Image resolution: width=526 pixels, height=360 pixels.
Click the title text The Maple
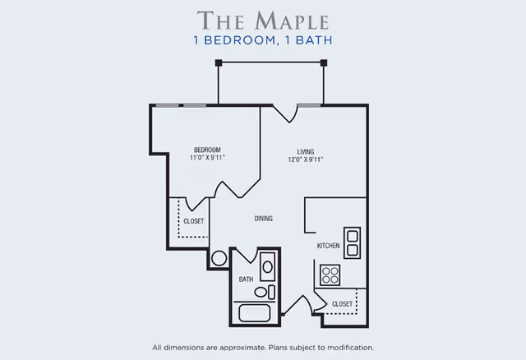[x=263, y=19]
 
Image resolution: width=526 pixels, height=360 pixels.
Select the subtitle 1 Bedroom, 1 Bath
[x=263, y=39]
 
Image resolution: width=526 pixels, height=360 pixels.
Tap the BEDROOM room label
[x=207, y=150]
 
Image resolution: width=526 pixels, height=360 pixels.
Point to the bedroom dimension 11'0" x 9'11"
[x=207, y=158]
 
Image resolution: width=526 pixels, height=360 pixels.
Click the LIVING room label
[x=306, y=151]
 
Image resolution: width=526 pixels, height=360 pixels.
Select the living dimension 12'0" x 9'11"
[x=306, y=159]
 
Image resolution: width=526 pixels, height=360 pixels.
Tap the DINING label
[x=263, y=219]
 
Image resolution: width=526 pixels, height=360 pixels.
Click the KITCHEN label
[x=329, y=246]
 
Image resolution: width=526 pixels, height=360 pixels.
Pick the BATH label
[x=246, y=279]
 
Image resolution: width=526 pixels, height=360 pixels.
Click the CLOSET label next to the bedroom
[x=193, y=221]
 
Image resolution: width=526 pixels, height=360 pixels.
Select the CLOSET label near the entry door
[x=342, y=304]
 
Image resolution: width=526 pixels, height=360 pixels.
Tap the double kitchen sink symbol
[x=352, y=242]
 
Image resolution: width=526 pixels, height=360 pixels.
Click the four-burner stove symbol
[x=330, y=275]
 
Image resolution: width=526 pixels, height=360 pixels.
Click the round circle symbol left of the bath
[x=219, y=258]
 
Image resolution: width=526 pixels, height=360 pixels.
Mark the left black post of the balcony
[x=219, y=62]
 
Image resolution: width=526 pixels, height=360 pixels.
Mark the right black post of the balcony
[x=324, y=62]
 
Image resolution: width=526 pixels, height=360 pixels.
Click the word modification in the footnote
[x=349, y=348]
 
